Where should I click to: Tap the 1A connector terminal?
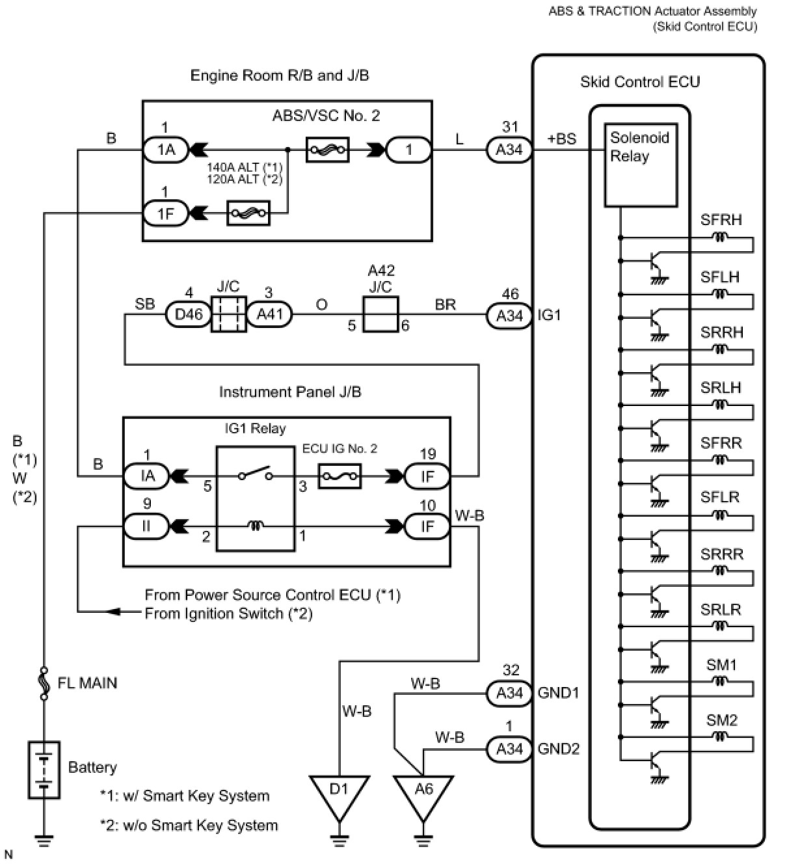pyautogui.click(x=166, y=150)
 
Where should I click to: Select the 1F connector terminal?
pyautogui.click(x=166, y=213)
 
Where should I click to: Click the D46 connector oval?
pyautogui.click(x=189, y=314)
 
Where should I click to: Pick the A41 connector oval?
pyautogui.click(x=269, y=314)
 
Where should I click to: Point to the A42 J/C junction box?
pyautogui.click(x=380, y=314)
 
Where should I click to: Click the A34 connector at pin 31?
pyautogui.click(x=509, y=150)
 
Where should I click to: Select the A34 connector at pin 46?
pyautogui.click(x=509, y=316)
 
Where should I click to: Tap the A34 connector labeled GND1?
pyautogui.click(x=509, y=694)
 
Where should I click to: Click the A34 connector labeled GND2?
pyautogui.click(x=509, y=749)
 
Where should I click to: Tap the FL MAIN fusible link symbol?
pyautogui.click(x=44, y=684)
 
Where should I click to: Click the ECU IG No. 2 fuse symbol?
pyautogui.click(x=340, y=476)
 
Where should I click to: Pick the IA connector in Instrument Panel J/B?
pyautogui.click(x=147, y=476)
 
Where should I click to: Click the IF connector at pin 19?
pyautogui.click(x=427, y=476)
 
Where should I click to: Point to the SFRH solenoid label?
pyautogui.click(x=721, y=220)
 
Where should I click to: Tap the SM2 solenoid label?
pyautogui.click(x=721, y=720)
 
